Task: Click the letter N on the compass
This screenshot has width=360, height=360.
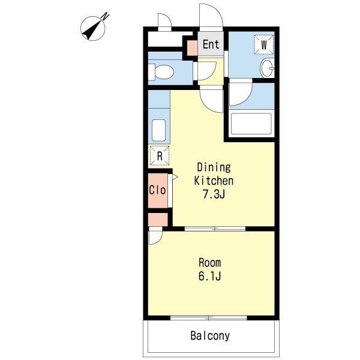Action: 106,16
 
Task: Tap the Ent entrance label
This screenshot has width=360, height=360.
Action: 211,44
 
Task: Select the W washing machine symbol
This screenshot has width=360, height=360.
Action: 264,44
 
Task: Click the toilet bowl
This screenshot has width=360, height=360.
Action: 164,72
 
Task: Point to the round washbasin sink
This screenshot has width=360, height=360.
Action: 267,68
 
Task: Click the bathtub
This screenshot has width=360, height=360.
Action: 251,124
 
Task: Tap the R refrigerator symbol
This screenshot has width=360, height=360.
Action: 160,155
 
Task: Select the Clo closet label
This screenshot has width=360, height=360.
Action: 157,190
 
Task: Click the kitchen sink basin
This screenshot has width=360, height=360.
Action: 158,130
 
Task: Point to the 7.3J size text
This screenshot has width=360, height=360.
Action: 213,194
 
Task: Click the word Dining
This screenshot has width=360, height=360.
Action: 214,167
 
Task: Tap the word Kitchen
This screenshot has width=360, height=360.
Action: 214,181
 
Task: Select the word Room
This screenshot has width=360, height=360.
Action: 209,262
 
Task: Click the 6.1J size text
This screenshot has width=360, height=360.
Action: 209,276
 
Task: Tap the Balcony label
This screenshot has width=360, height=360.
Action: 210,335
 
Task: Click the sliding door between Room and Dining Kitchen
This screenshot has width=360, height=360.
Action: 215,229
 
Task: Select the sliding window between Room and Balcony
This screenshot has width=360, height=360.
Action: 209,318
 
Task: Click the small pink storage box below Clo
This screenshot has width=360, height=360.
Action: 158,220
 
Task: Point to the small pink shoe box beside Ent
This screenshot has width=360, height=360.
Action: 192,48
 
